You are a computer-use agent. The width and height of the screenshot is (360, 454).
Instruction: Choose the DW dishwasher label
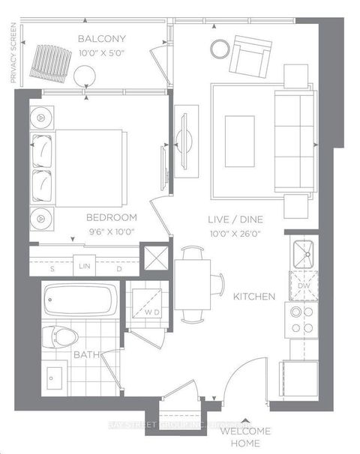[302, 286]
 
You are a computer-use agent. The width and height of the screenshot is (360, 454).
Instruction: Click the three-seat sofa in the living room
[293, 138]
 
